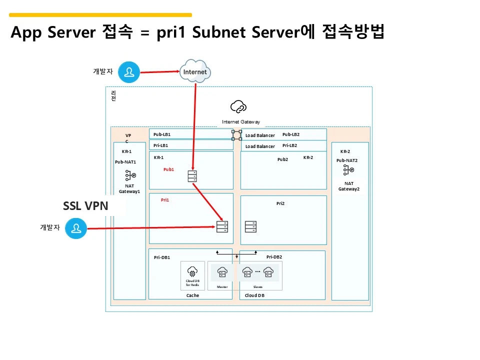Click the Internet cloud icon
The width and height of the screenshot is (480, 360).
(195, 71)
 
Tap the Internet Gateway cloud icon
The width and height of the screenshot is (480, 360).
(238, 106)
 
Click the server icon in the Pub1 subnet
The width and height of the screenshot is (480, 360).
(192, 176)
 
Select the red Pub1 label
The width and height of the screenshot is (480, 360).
(168, 169)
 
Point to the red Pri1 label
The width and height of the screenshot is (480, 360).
(165, 200)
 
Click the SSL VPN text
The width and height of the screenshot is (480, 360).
(85, 205)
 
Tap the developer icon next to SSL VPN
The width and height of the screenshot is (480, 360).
(76, 228)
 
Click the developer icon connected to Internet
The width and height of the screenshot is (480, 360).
(129, 72)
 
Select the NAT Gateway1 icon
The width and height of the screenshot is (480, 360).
(130, 175)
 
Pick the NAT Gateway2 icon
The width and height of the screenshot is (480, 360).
(348, 170)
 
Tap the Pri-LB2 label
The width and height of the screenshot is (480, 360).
(289, 145)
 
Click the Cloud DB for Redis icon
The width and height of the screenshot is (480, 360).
(192, 272)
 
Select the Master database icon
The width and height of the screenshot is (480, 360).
(222, 272)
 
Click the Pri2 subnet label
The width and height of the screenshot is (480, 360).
(280, 203)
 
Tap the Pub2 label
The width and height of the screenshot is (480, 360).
(282, 159)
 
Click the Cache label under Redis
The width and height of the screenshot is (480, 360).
(192, 295)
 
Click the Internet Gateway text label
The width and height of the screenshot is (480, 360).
(241, 122)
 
